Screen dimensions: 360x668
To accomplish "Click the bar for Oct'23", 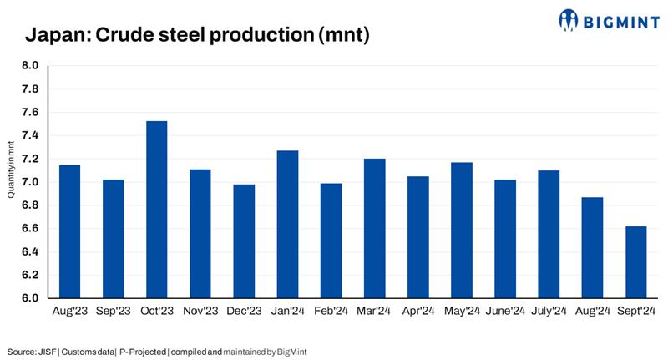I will [156, 210].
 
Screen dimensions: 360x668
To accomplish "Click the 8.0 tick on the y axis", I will [29, 66].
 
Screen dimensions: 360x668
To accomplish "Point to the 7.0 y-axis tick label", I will [29, 182].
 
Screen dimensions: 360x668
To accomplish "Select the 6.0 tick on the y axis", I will [29, 298].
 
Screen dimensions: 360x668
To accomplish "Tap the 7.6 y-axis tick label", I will [29, 113].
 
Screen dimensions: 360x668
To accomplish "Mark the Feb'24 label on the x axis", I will [331, 312].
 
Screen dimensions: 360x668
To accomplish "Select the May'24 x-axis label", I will [461, 312].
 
